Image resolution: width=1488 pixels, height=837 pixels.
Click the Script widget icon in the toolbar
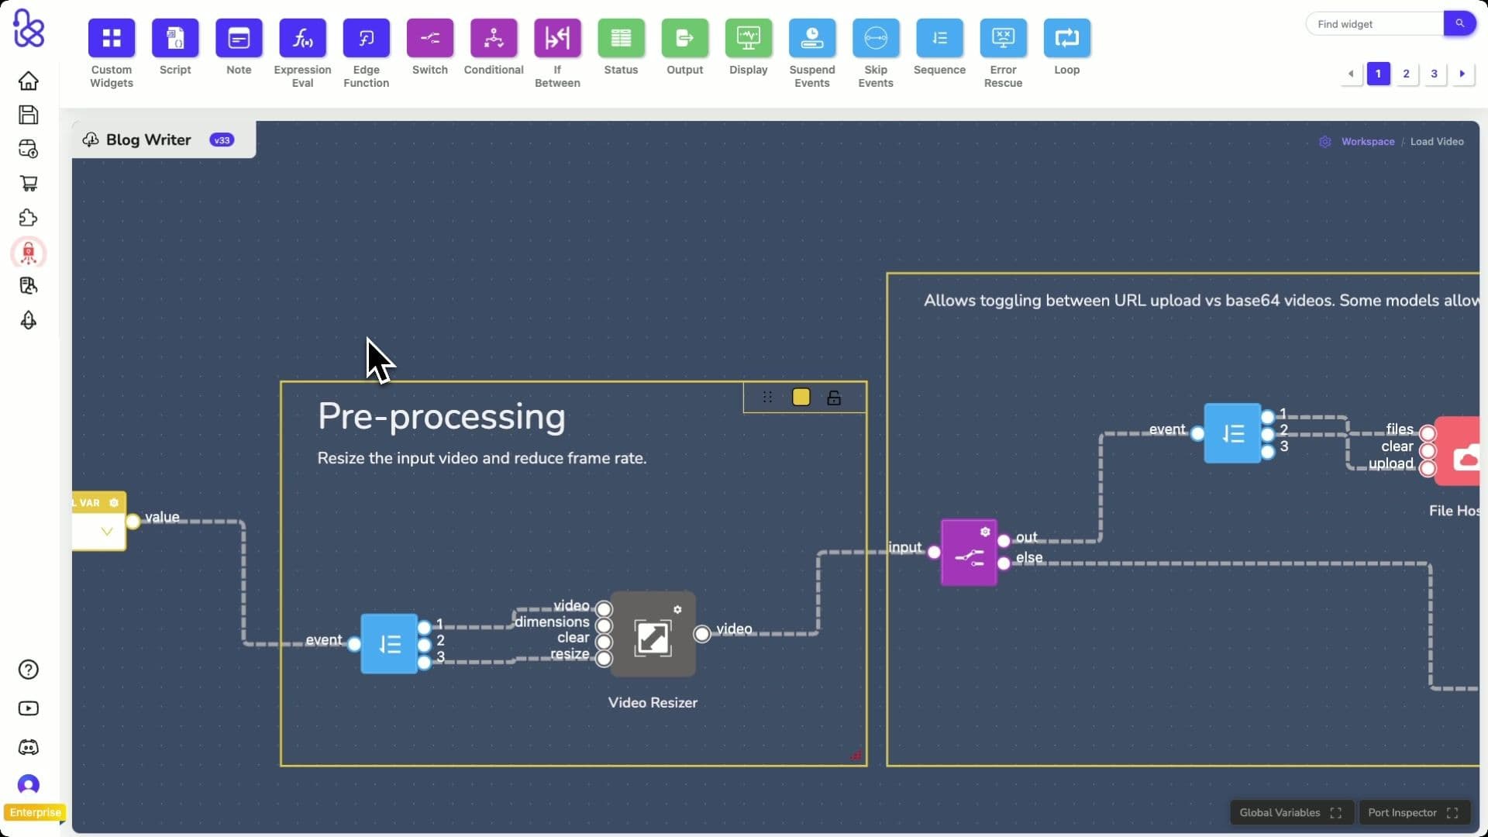[175, 38]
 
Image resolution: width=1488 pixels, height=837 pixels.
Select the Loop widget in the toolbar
[1066, 38]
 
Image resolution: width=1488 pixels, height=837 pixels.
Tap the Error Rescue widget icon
[1003, 38]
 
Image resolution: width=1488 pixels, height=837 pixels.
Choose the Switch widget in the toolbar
[429, 38]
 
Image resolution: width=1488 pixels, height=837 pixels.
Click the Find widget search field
[1373, 24]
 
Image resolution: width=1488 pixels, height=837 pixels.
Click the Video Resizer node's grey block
[653, 635]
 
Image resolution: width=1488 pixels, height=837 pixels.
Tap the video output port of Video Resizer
[702, 634]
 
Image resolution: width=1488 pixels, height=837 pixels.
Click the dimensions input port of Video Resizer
[604, 625]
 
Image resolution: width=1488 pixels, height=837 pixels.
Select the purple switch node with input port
[969, 553]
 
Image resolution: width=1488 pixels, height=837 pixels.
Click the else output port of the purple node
[1004, 563]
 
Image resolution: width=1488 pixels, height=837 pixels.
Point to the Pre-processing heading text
[441, 417]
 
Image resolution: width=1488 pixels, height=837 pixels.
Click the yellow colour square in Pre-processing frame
[801, 398]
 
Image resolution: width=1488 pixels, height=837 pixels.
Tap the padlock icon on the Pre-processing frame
[834, 398]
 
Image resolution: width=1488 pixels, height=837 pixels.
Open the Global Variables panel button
[1290, 812]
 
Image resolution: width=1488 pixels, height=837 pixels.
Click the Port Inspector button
[1413, 812]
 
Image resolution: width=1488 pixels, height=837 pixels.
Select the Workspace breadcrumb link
[1367, 142]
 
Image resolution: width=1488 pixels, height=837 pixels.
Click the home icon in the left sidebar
[29, 81]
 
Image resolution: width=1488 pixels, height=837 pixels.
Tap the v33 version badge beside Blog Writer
[222, 140]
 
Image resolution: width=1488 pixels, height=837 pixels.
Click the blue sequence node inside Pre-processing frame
[389, 643]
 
